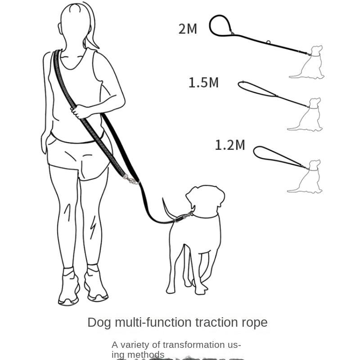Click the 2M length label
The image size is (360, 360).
[188, 29]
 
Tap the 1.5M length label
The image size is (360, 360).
[203, 83]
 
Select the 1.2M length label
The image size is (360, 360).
[229, 145]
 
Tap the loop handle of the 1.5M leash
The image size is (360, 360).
[256, 89]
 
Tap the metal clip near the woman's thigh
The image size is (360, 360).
[131, 180]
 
